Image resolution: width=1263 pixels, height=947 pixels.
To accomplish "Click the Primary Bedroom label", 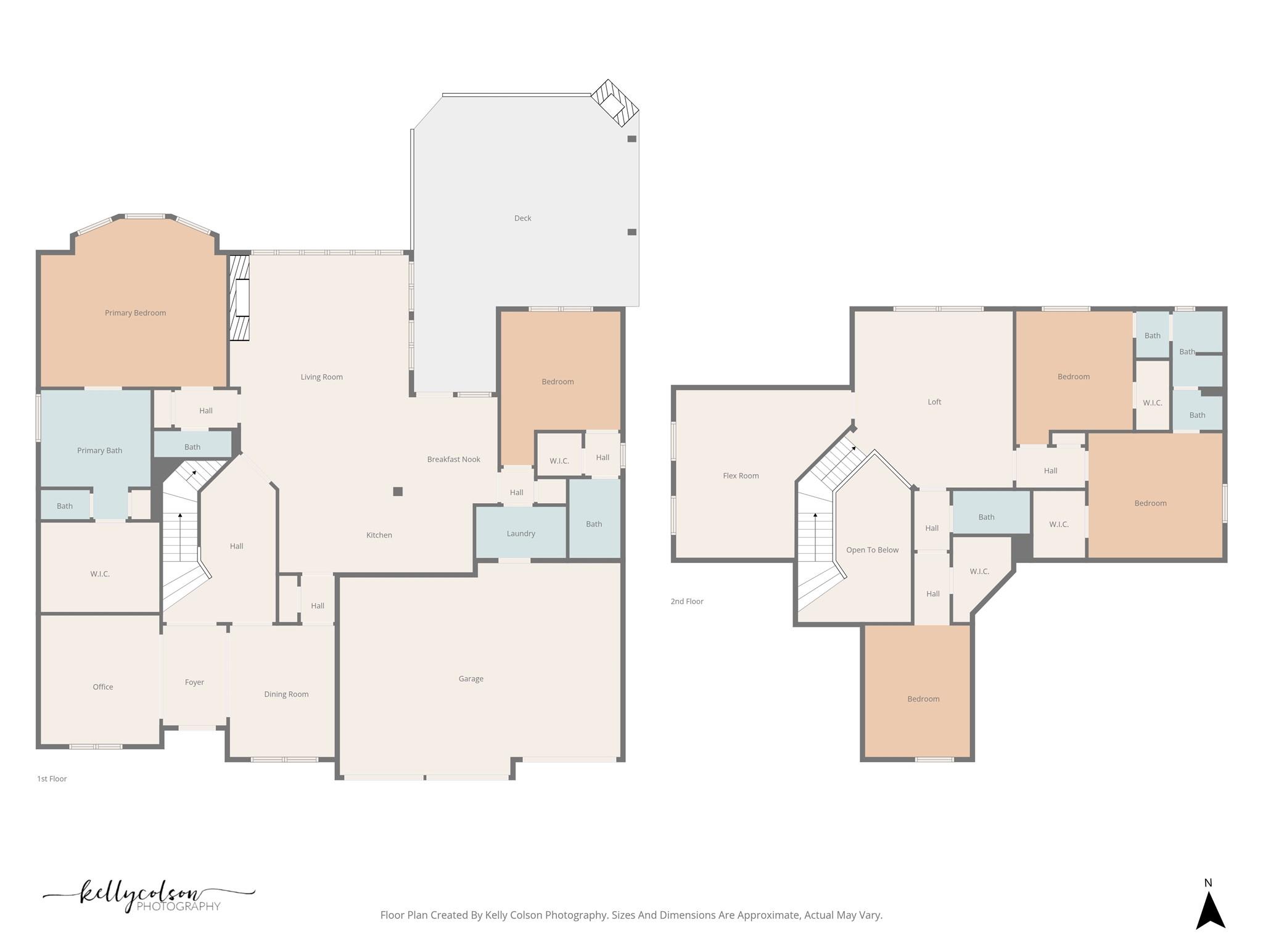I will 135,313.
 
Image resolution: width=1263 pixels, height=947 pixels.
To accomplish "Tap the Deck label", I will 522,218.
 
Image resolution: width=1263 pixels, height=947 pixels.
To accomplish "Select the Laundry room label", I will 520,533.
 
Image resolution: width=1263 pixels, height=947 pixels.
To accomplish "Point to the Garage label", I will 471,678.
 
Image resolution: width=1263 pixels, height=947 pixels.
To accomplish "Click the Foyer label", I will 194,682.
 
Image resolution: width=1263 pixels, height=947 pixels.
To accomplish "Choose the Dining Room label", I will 286,694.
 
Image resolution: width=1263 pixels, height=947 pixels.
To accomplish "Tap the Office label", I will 103,686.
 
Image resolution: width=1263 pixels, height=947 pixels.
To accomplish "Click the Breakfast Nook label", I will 453,459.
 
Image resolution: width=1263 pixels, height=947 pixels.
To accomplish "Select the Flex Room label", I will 741,475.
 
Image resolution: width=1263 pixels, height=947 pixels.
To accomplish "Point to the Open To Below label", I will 872,549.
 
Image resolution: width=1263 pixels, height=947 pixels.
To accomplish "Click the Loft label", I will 934,401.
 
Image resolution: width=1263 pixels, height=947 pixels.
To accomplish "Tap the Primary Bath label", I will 99,450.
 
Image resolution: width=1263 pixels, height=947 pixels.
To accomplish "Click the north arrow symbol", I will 1210,912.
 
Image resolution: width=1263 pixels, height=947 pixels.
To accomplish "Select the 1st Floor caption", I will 52,779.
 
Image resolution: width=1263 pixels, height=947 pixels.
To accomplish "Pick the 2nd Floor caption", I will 687,601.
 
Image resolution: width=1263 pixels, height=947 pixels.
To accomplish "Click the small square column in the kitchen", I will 398,491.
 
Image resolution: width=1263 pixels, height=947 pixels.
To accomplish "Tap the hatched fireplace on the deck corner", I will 615,104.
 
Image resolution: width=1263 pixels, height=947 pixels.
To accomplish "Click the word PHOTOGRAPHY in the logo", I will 178,906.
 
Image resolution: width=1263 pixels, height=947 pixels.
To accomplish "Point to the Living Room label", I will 321,377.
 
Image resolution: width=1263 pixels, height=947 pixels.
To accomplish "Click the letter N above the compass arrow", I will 1208,883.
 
